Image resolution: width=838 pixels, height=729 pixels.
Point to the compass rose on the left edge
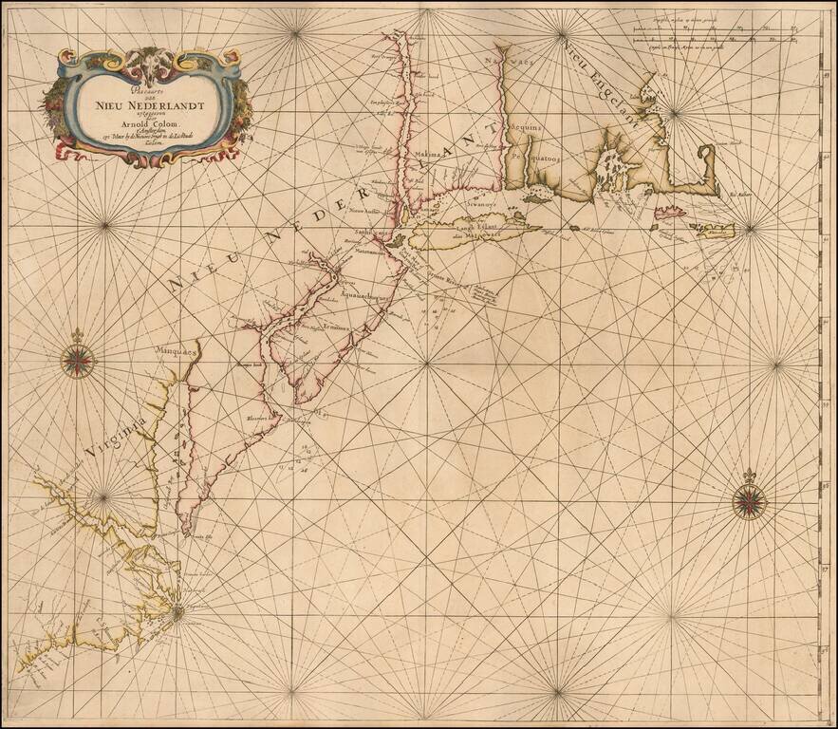pos(75,359)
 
